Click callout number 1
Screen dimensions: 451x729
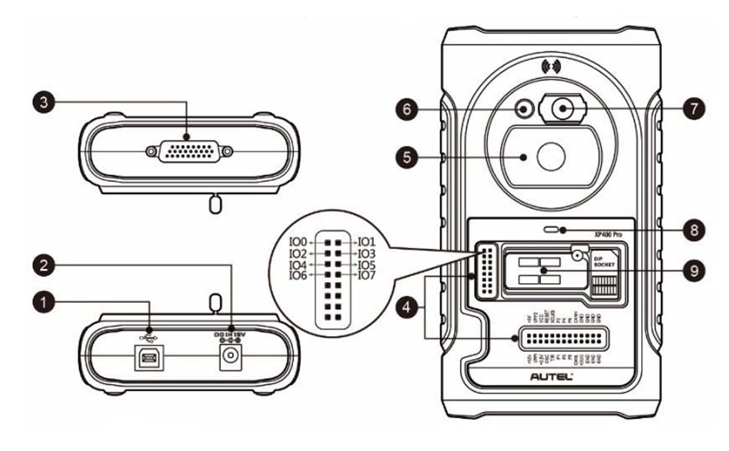[x=46, y=301]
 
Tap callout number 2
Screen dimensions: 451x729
[x=46, y=264]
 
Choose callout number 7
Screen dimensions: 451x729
[x=694, y=108]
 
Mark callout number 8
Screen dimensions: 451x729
[x=694, y=229]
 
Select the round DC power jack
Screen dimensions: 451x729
[x=228, y=359]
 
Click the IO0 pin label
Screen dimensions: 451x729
[x=299, y=242]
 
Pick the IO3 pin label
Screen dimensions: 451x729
[x=367, y=254]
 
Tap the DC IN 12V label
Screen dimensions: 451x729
[x=228, y=331]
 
